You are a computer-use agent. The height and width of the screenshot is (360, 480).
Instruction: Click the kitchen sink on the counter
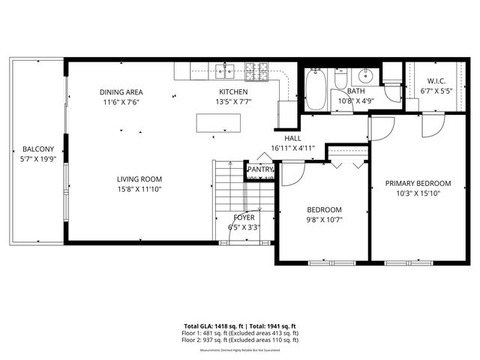[x=225, y=71]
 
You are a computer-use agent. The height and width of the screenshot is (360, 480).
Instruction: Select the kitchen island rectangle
[x=218, y=123]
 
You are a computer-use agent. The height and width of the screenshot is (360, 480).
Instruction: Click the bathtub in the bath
[x=314, y=90]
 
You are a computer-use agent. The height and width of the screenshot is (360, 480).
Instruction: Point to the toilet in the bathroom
[x=340, y=79]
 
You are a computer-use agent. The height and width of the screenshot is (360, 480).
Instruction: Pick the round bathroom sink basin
[x=365, y=76]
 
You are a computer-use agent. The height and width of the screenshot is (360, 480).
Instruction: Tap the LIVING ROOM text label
[x=139, y=178]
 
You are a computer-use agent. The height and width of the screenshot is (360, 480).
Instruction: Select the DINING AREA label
[x=121, y=92]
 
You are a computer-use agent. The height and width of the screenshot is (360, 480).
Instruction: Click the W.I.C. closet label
[x=436, y=81]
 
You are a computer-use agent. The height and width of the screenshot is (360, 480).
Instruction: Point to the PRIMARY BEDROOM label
[x=418, y=183]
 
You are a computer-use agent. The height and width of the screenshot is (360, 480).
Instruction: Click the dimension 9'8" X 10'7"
[x=324, y=220]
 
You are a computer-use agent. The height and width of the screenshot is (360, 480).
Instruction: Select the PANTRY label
[x=260, y=170]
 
